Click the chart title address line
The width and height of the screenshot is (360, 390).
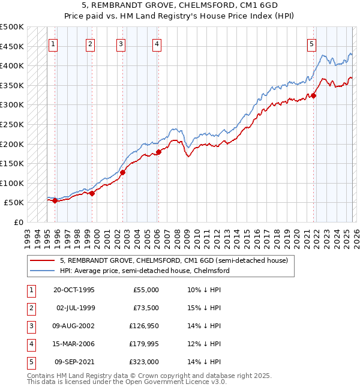coord(179,5)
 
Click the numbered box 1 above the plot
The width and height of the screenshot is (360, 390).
coord(53,43)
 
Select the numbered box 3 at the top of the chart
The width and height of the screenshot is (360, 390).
coord(121,43)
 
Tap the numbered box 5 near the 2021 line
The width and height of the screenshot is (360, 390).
coord(312,43)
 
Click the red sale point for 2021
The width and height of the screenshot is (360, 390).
coord(313,95)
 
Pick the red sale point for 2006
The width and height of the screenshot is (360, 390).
coord(158,152)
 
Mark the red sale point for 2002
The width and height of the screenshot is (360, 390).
coord(122,172)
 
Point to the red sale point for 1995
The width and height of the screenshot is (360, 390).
coord(55,200)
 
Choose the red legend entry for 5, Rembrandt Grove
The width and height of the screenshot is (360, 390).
coord(174,260)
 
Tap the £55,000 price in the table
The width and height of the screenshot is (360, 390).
coord(146,290)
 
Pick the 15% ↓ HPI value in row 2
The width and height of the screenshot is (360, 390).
coord(203,308)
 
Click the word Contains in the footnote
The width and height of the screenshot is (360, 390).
coord(41,376)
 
